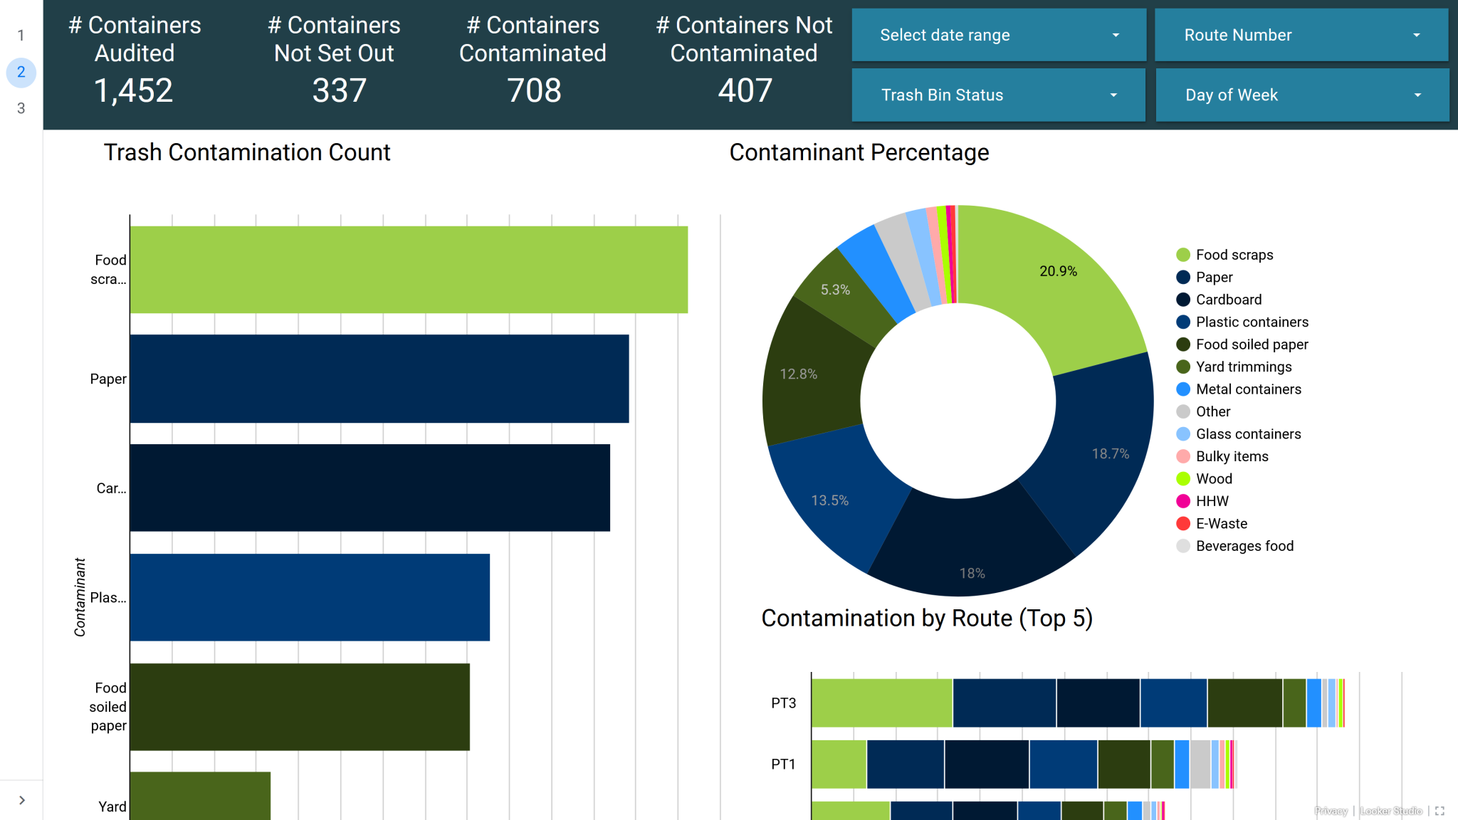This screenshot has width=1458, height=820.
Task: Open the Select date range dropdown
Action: tap(998, 35)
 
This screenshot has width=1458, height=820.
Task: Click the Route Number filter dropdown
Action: tap(1301, 35)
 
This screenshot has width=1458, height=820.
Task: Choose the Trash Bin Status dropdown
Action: tap(998, 95)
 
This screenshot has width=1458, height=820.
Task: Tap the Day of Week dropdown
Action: tap(1301, 95)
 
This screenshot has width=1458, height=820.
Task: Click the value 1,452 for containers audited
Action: tap(134, 91)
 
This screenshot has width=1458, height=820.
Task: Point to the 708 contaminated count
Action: tap(533, 91)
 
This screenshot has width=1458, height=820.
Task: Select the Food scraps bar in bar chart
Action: tap(408, 270)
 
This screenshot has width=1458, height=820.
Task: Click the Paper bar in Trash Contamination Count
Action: tap(379, 379)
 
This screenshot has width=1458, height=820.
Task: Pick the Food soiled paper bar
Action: tap(299, 707)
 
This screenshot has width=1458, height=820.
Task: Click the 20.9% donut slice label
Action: tap(1058, 271)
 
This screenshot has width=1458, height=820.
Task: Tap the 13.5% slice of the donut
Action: tap(830, 500)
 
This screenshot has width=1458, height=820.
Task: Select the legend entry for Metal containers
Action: tap(1248, 389)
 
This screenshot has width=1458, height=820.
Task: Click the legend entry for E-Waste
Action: tap(1221, 524)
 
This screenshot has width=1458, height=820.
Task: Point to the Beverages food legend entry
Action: tap(1244, 546)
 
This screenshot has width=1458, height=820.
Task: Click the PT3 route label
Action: tap(783, 703)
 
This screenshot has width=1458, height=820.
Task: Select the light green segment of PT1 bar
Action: tap(839, 764)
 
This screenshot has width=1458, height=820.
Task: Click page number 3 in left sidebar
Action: tap(21, 108)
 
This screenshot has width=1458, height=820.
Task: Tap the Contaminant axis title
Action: tap(80, 596)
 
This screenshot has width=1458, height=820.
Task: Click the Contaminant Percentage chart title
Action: tap(859, 152)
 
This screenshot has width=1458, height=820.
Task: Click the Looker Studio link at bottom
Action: tap(1390, 811)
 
